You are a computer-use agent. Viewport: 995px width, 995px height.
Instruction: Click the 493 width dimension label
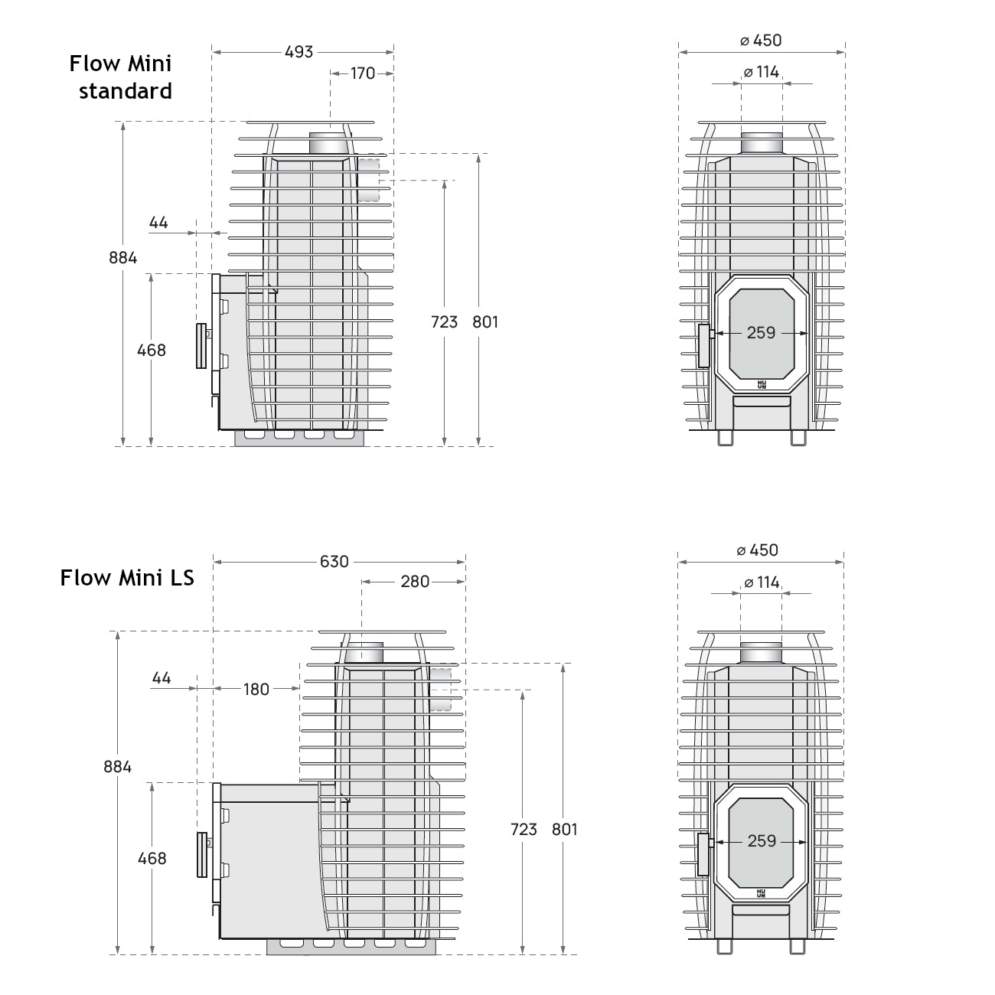[x=299, y=51]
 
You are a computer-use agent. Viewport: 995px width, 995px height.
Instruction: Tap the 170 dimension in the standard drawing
[x=363, y=73]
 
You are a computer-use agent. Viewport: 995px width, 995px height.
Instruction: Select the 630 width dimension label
[x=334, y=561]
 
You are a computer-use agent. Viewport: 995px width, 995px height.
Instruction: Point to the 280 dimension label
[x=415, y=582]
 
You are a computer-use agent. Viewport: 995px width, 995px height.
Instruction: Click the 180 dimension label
[x=256, y=689]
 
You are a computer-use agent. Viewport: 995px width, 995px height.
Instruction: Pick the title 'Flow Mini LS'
[x=127, y=577]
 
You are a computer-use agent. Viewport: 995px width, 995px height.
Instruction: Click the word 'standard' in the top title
[x=126, y=91]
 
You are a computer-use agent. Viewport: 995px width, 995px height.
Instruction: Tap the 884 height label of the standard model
[x=123, y=257]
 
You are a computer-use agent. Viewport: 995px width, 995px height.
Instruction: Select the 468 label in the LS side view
[x=152, y=858]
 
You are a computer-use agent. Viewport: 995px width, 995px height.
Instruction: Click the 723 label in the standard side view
[x=444, y=321]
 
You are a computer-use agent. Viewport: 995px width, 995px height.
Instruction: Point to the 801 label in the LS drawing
[x=564, y=829]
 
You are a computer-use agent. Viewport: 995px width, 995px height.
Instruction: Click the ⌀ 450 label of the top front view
[x=761, y=41]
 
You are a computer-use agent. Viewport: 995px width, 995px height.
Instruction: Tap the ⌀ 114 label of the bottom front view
[x=762, y=582]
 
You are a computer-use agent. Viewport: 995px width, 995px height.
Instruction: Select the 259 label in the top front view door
[x=761, y=332]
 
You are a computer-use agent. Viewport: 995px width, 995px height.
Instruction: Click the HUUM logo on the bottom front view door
[x=761, y=893]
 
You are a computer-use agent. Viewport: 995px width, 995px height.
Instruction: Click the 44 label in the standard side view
[x=158, y=223]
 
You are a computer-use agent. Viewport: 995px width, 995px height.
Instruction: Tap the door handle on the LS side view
[x=202, y=855]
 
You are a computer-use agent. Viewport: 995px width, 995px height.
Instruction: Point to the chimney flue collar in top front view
[x=762, y=142]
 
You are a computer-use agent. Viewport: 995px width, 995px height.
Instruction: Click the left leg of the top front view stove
[x=725, y=437]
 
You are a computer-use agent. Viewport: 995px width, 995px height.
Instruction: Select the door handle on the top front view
[x=704, y=345]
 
